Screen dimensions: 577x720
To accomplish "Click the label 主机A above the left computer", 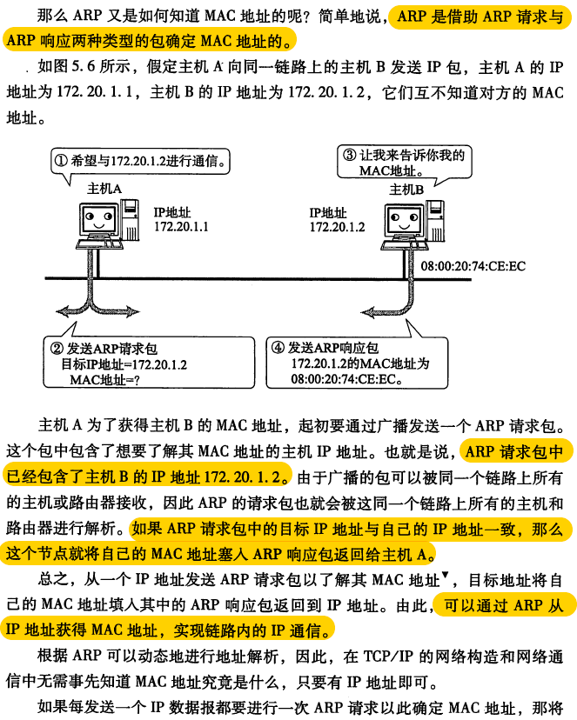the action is click(104, 189).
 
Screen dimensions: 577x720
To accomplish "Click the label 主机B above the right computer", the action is click(406, 189).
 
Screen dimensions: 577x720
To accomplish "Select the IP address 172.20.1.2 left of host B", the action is click(337, 227).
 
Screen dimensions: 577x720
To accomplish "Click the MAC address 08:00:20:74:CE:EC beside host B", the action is click(473, 266).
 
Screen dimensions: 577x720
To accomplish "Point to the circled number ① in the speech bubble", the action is click(60, 161).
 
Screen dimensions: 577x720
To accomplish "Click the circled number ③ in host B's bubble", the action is click(348, 156).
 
